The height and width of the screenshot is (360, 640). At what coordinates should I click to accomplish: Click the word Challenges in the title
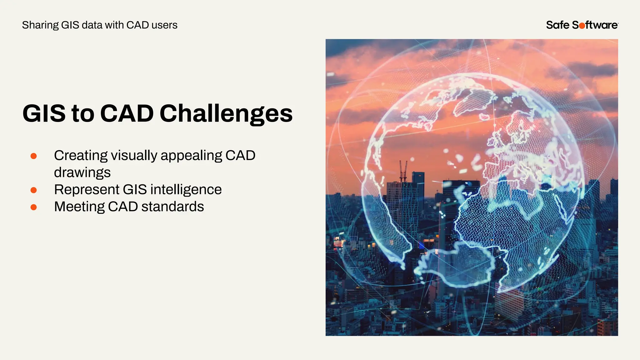coord(226,113)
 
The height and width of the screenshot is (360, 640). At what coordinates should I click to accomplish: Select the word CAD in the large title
coord(127,113)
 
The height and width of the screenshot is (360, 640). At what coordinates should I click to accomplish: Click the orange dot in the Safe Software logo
coord(582,26)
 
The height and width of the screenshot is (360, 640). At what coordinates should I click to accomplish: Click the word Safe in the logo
coord(557,25)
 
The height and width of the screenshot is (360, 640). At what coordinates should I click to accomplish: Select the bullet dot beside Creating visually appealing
coord(34,156)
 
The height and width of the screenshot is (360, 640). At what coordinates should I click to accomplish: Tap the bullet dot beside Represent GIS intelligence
coord(34,190)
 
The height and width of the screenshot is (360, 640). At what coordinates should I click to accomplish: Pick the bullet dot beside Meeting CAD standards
coord(34,207)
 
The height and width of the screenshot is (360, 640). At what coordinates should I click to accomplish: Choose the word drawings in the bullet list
coord(82,173)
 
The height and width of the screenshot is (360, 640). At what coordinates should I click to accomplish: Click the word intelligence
coord(186,190)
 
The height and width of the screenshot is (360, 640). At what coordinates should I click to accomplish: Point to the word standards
coord(172,207)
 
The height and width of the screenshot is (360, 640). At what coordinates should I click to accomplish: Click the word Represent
coord(87,190)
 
